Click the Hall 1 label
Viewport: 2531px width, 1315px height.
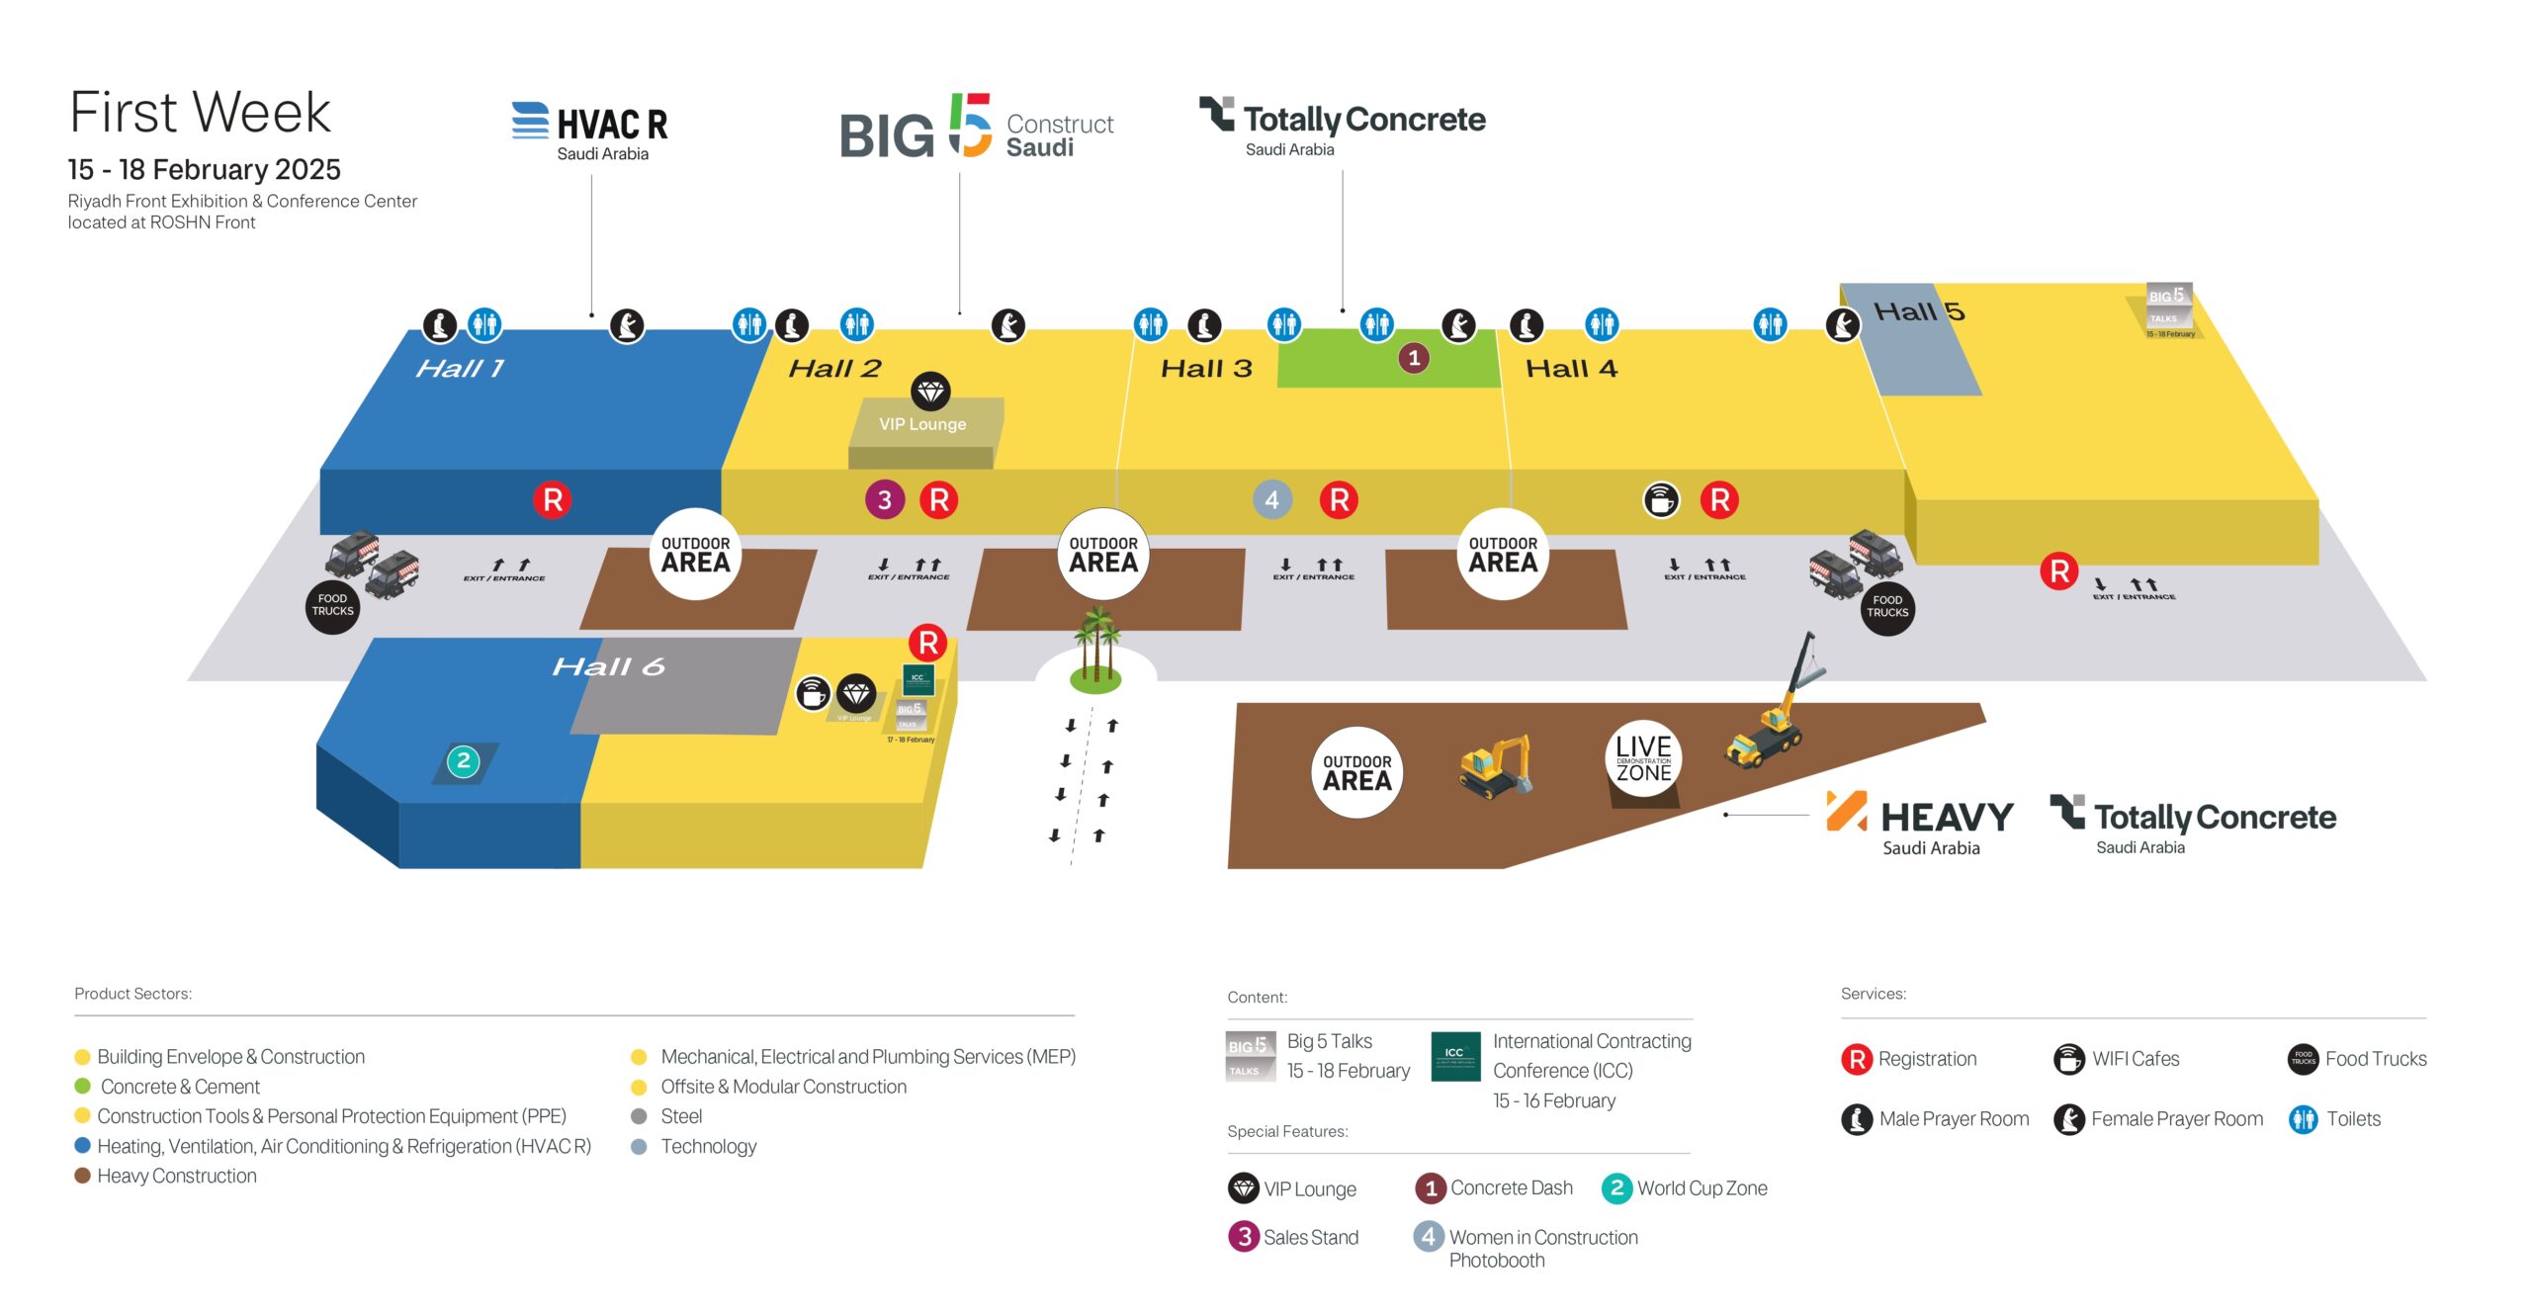tap(460, 369)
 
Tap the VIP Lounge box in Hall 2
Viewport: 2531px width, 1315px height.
tap(922, 424)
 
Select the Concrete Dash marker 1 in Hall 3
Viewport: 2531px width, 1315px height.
tap(1414, 358)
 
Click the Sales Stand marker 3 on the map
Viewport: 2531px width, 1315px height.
tap(885, 500)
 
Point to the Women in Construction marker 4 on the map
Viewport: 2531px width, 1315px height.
tap(1272, 500)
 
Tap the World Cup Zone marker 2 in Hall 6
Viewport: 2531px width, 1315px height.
tap(463, 761)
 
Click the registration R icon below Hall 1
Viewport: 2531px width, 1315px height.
tap(553, 500)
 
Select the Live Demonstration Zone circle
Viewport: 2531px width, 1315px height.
tap(1643, 759)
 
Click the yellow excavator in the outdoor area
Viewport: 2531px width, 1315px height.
tap(1495, 766)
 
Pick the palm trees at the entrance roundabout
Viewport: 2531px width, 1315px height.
tap(1095, 648)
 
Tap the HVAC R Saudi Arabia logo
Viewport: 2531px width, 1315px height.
tap(590, 131)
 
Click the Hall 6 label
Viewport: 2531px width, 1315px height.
tap(608, 667)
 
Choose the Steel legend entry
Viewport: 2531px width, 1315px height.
tap(681, 1116)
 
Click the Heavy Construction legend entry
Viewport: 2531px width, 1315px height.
tap(176, 1176)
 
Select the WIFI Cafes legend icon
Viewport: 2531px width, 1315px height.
tap(2068, 1059)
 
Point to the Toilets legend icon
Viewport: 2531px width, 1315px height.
tap(2303, 1119)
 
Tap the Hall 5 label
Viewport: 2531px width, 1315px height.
tap(1919, 312)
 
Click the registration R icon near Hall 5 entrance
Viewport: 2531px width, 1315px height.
tap(2059, 570)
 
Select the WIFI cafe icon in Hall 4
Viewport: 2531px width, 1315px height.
tap(1661, 500)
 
